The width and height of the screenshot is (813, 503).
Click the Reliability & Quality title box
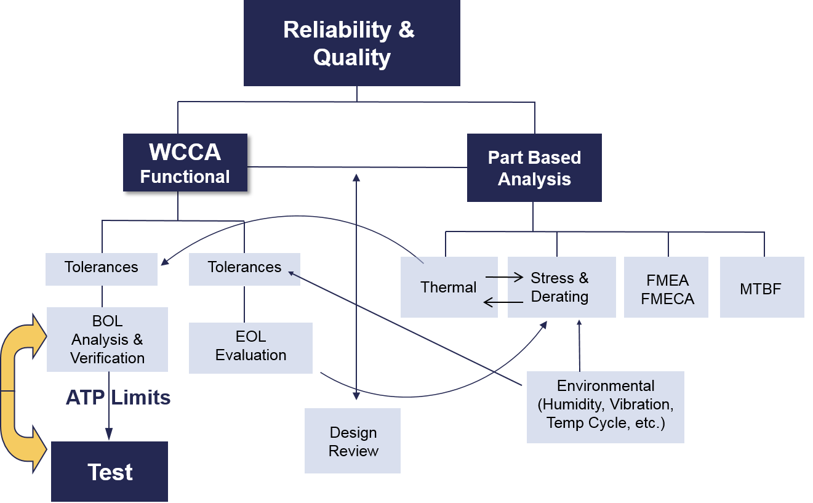tap(351, 43)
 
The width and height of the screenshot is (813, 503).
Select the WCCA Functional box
tap(185, 163)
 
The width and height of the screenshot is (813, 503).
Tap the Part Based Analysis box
tap(534, 167)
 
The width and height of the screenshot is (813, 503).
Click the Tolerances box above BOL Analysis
tap(102, 267)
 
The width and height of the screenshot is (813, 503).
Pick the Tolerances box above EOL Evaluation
tap(244, 267)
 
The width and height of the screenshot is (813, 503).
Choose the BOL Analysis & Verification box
tap(107, 339)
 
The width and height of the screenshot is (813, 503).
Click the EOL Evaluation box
tap(250, 346)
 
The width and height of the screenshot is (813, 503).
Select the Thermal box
tap(448, 288)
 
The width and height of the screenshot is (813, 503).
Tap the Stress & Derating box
tap(560, 288)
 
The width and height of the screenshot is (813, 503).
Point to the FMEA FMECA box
tap(667, 289)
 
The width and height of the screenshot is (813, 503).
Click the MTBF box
tap(761, 289)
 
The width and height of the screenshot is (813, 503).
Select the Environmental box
tap(605, 406)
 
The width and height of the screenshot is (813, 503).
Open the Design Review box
tap(353, 441)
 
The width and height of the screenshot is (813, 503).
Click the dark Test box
tap(110, 472)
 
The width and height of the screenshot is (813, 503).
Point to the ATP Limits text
tap(118, 398)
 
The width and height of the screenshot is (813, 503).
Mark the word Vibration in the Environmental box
tap(641, 404)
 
